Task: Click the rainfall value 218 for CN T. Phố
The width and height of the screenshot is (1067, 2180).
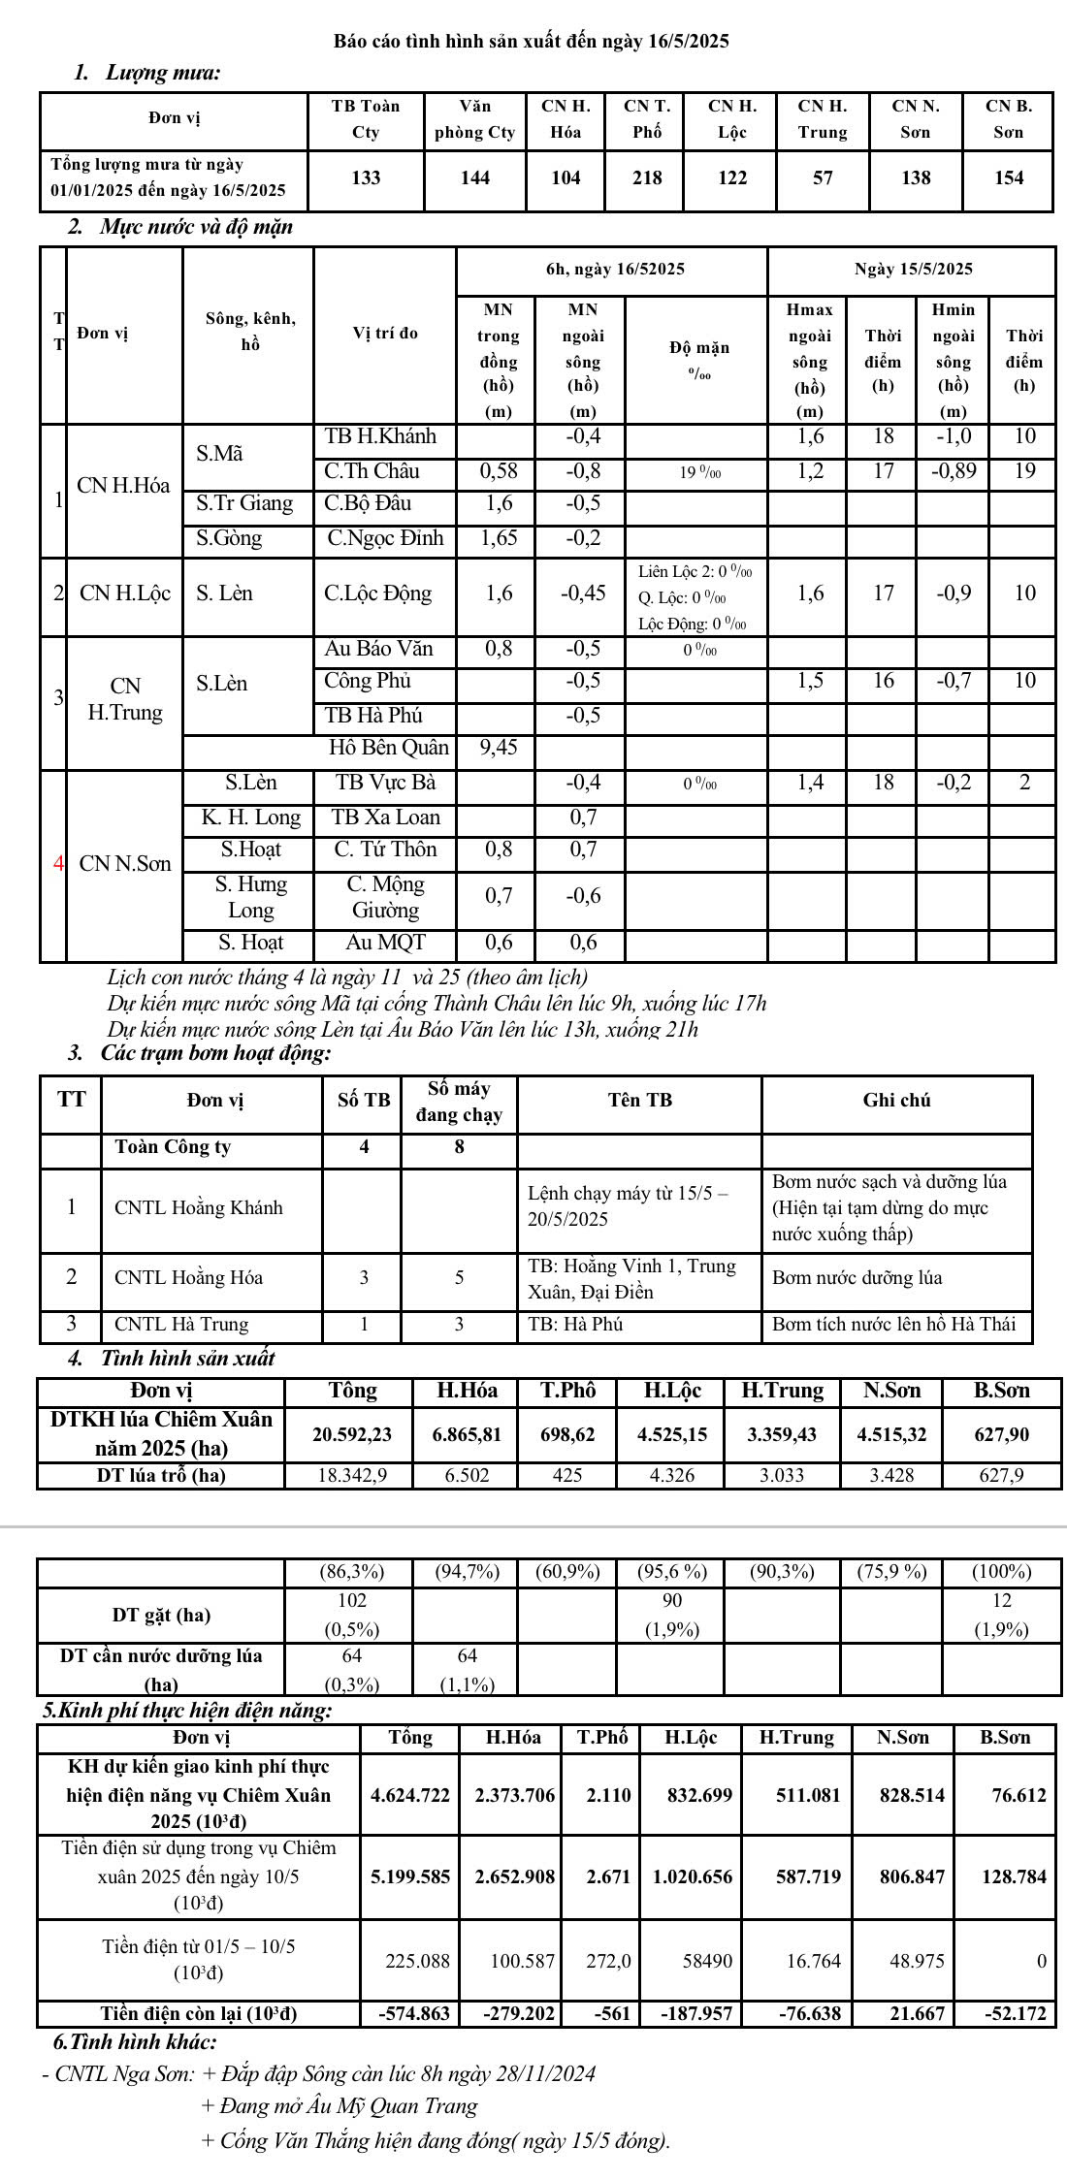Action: (647, 178)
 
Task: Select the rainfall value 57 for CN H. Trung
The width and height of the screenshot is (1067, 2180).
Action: (822, 178)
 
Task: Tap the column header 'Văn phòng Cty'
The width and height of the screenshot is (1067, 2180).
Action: (474, 119)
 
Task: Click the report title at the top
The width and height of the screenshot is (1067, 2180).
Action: (532, 41)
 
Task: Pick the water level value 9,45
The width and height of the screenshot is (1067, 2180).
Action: (499, 748)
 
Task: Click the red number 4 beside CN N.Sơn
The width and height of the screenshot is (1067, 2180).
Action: (58, 863)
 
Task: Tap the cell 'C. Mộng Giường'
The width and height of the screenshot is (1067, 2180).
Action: (385, 897)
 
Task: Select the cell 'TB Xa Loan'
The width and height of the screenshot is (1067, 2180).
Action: (385, 817)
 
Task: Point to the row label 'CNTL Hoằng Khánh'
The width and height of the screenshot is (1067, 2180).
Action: (199, 1207)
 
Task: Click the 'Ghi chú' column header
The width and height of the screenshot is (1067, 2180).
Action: (896, 1100)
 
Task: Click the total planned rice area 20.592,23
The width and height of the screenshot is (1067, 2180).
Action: (352, 1434)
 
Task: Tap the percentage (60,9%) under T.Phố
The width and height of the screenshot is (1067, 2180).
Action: (568, 1571)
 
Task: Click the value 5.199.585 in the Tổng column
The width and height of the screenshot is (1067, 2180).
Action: (410, 1876)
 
